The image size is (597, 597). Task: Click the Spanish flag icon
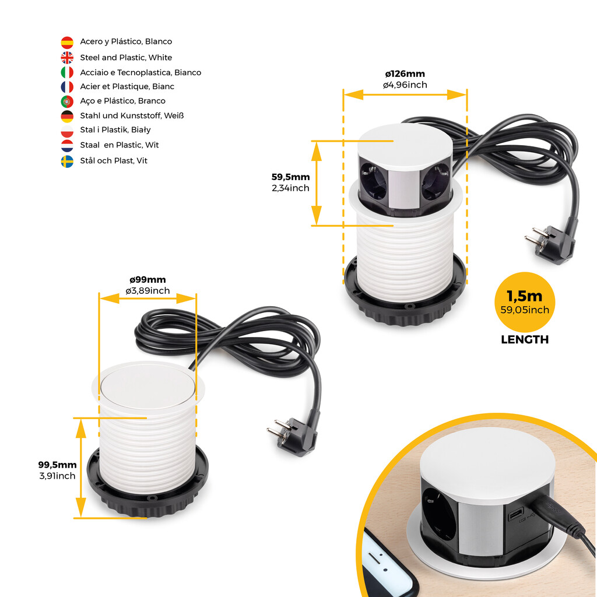tap(67, 42)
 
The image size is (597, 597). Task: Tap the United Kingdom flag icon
tap(67, 57)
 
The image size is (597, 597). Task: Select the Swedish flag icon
tap(67, 161)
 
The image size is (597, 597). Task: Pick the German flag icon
tap(67, 115)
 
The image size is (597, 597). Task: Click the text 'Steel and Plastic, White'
tap(126, 57)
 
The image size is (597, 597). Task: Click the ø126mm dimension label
tap(405, 74)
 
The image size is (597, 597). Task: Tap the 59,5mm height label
tap(290, 177)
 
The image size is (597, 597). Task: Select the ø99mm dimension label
tap(148, 280)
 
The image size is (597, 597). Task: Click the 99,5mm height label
tap(57, 465)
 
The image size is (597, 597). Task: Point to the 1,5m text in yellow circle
tap(525, 296)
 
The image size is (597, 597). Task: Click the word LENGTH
tap(525, 340)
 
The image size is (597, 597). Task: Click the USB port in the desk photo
tap(515, 516)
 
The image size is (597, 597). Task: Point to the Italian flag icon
tap(67, 72)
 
